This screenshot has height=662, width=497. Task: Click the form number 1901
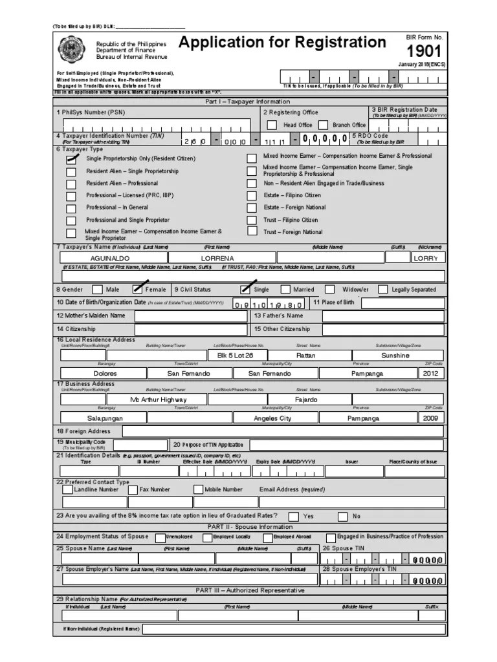(425, 52)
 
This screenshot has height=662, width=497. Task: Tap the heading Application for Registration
(282, 43)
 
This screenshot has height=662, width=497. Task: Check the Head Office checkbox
(272, 125)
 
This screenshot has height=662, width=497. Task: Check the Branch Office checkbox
(323, 125)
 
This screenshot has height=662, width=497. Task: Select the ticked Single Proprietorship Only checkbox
(71, 158)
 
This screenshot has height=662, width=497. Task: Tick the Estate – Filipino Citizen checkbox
(252, 195)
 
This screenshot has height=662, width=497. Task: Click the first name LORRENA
(217, 258)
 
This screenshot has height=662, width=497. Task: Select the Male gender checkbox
(97, 290)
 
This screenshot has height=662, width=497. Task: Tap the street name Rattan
(306, 356)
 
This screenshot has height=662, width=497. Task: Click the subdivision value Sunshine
(395, 356)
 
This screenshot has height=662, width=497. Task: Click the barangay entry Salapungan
(105, 418)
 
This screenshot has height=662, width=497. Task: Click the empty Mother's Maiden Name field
(192, 316)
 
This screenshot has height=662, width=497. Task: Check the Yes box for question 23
(294, 517)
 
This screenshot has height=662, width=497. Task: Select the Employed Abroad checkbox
(268, 538)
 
